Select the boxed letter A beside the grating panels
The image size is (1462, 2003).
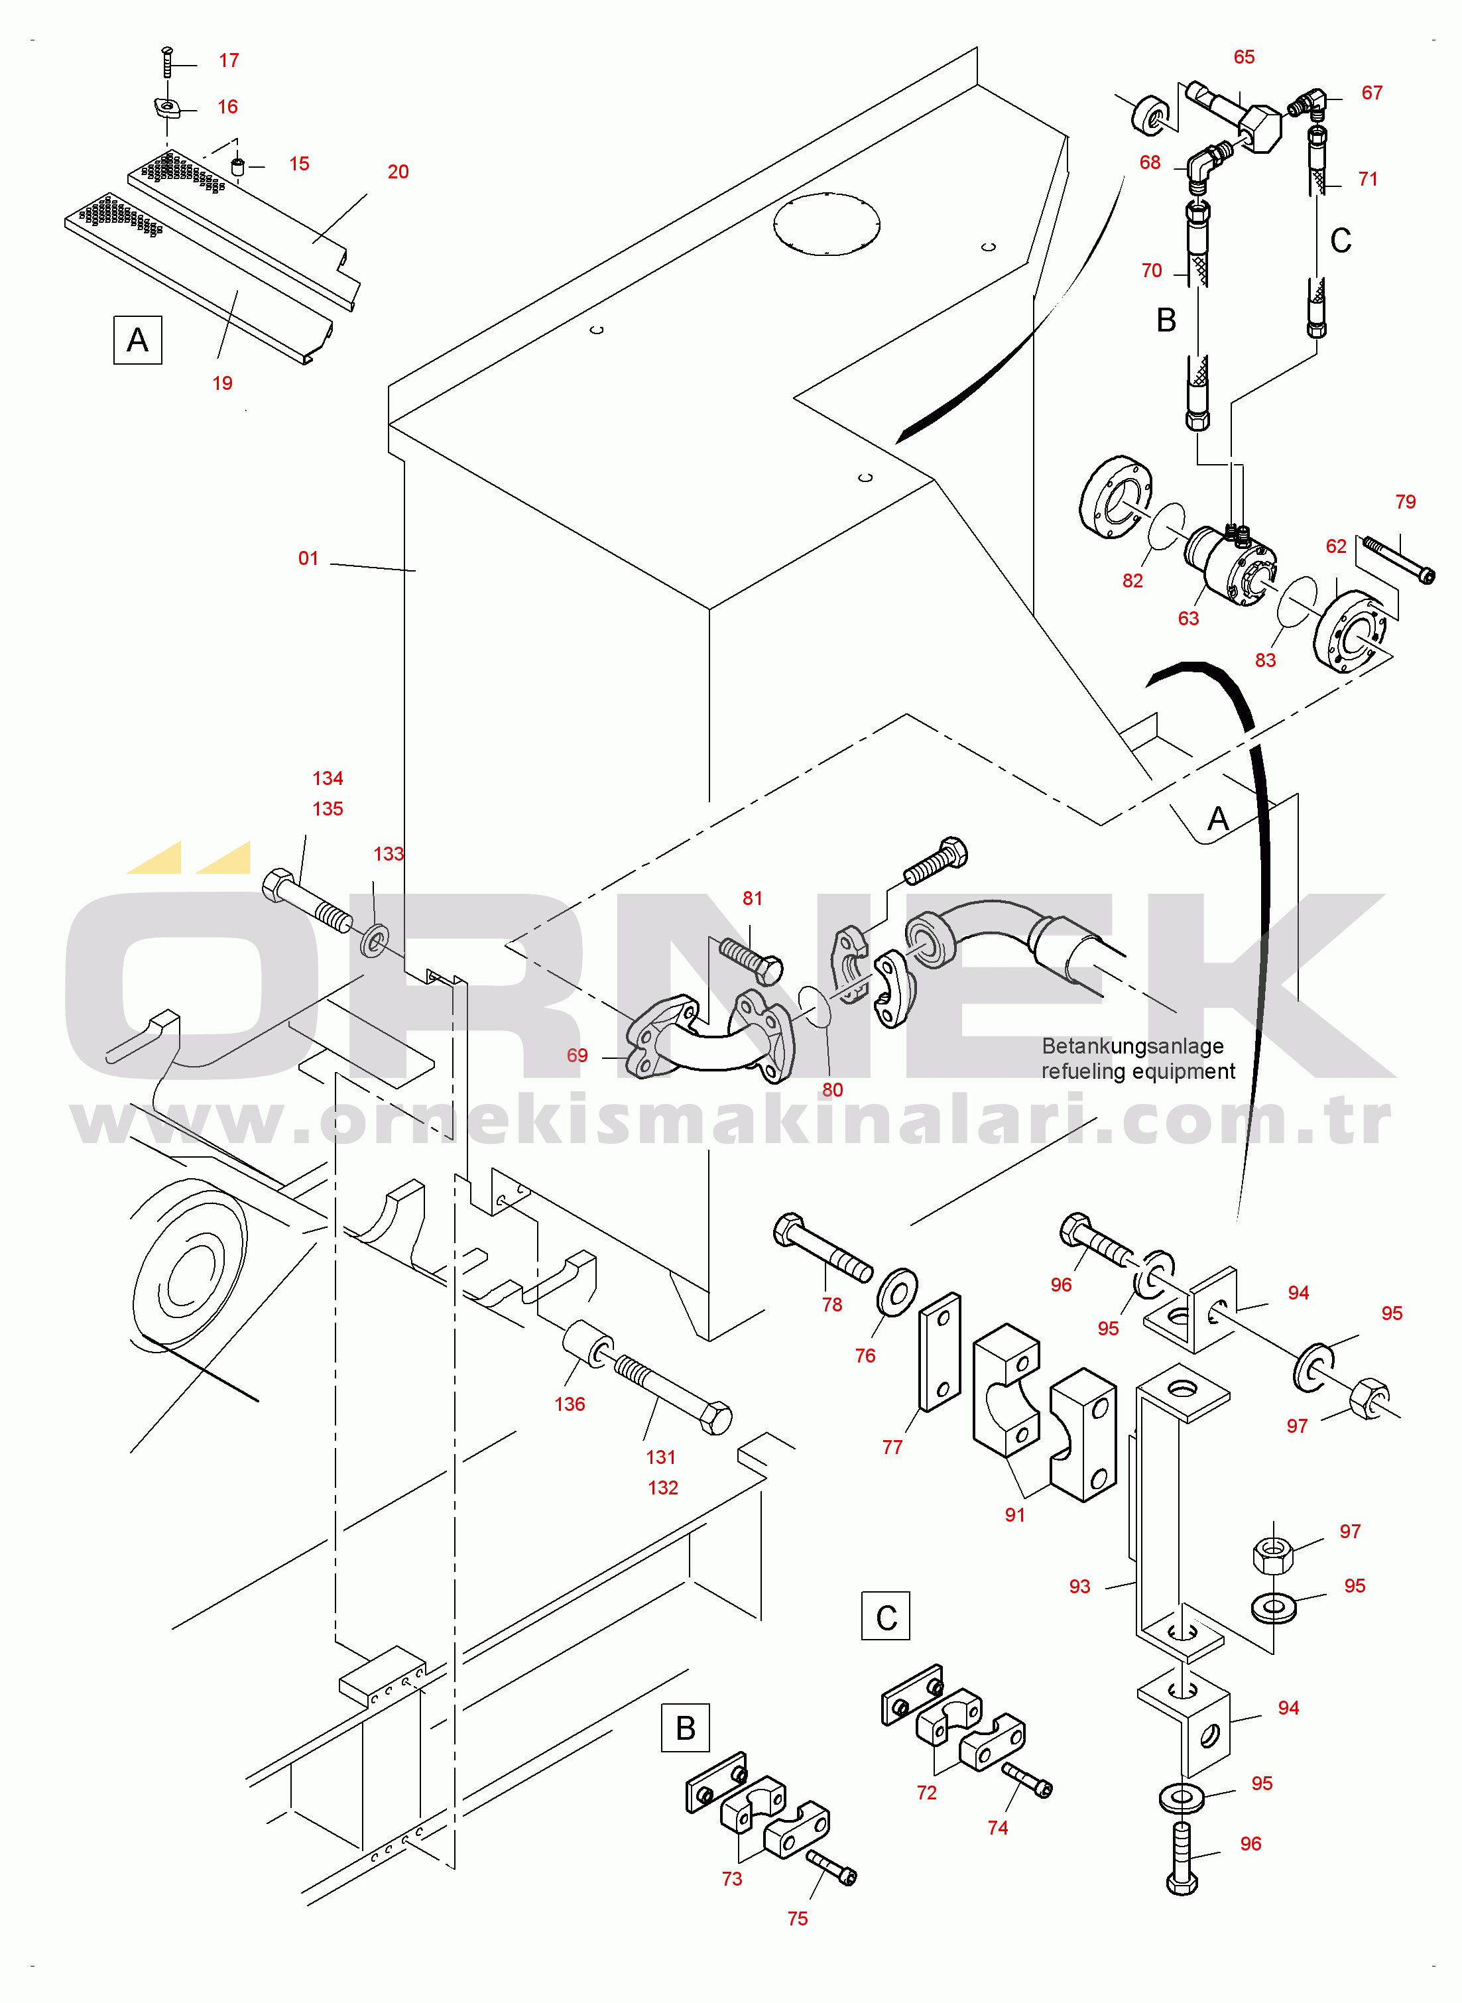click(x=138, y=339)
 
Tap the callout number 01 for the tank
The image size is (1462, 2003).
click(x=308, y=558)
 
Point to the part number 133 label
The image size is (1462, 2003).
click(x=389, y=854)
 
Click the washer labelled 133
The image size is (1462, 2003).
click(x=375, y=941)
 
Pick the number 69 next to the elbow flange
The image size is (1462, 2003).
click(x=577, y=1056)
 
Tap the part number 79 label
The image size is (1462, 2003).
click(x=1406, y=502)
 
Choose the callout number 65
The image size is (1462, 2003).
click(x=1245, y=56)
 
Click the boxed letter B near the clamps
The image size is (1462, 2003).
click(x=686, y=1728)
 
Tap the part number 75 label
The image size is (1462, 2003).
click(x=798, y=1918)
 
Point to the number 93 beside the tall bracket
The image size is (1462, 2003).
click(x=1079, y=1587)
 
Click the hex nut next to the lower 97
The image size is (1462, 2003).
click(x=1274, y=1553)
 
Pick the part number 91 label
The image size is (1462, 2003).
click(x=1015, y=1514)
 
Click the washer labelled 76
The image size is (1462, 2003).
click(x=897, y=1293)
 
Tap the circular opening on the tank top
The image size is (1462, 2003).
click(x=827, y=224)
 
